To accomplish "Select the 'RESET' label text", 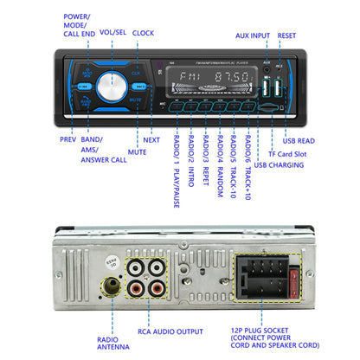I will [x=286, y=37].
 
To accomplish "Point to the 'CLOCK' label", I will [x=143, y=33].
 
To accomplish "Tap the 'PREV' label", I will [x=67, y=138].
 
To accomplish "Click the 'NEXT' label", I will [x=151, y=138].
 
